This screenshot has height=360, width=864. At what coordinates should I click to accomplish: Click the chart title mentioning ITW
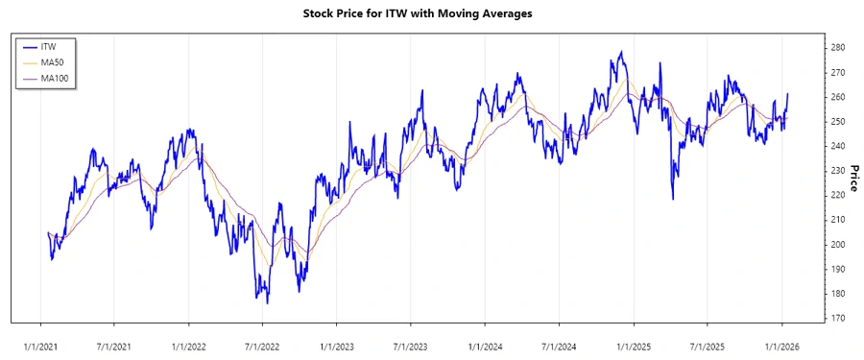431,13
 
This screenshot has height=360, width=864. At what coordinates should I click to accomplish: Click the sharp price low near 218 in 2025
672,199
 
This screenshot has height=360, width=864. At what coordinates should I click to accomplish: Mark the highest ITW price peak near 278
622,52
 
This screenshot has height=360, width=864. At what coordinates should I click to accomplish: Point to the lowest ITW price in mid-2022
268,303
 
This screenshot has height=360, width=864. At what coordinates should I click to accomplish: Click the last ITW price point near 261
788,94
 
